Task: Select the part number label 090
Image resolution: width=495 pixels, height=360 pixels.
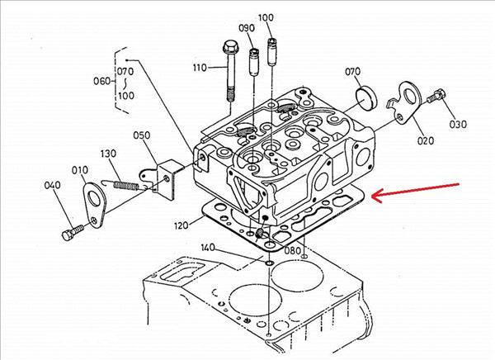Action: pos(247,28)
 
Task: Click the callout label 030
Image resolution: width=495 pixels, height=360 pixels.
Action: pos(457,124)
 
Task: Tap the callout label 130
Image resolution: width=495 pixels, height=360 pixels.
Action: pos(110,154)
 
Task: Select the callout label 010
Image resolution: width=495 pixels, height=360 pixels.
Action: pos(80,170)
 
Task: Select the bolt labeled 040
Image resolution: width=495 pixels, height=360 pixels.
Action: pos(73,231)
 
